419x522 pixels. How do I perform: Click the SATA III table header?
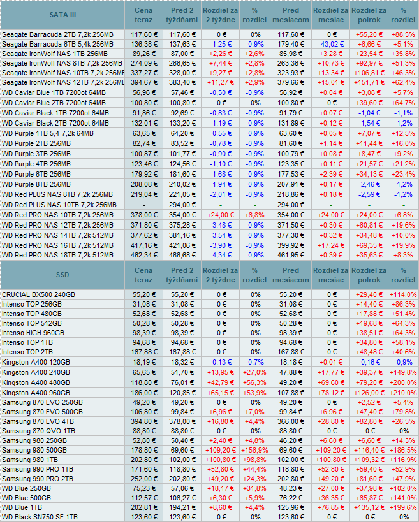click(x=62, y=15)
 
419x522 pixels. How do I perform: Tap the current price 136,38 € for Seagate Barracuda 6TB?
click(x=143, y=44)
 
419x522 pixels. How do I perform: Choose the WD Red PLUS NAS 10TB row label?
click(x=59, y=205)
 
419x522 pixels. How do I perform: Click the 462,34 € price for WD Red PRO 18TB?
click(x=143, y=255)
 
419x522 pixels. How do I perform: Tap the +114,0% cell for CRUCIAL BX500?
click(x=402, y=294)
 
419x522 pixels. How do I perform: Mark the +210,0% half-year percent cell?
click(x=402, y=391)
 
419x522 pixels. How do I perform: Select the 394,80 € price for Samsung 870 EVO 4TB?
click(x=143, y=420)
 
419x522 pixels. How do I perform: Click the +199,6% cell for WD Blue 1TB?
click(x=402, y=507)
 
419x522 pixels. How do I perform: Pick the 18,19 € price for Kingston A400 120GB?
click(x=143, y=362)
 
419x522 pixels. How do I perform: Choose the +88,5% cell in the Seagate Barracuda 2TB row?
click(x=402, y=34)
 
